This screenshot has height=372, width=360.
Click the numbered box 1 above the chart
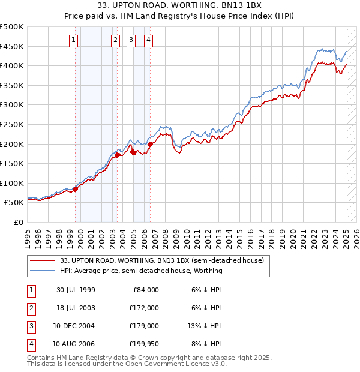click(73, 40)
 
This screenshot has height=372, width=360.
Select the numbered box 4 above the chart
click(148, 40)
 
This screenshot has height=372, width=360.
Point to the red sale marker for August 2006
click(150, 143)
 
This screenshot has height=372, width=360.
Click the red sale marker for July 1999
click(75, 189)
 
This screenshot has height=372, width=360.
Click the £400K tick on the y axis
click(12, 65)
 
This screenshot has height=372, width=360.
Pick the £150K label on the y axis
click(12, 163)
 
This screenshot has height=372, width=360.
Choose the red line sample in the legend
click(42, 260)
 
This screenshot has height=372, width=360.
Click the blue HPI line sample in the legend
click(42, 271)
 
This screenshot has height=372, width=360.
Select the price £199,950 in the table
click(143, 344)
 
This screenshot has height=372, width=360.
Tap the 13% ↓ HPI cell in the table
click(203, 326)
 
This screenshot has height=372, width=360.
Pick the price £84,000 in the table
click(145, 290)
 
